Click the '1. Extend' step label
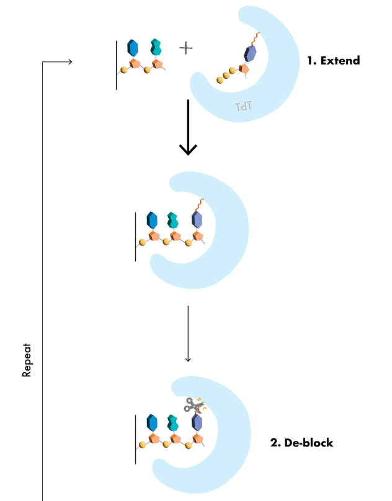pos(333,61)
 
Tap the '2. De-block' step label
pos(301,443)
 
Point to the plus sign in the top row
pos(185,48)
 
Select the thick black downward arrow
pos(188,127)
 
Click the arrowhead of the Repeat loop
pos(69,61)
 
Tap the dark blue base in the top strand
pos(132,48)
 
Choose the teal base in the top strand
pos(156,48)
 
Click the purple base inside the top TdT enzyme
pos(251,53)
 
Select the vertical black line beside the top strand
pos(116,64)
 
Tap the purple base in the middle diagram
pos(197,219)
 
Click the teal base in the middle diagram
pos(173,219)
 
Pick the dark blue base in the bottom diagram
pos(151,423)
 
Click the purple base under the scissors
pos(197,423)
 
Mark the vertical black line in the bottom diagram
pos(135,439)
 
